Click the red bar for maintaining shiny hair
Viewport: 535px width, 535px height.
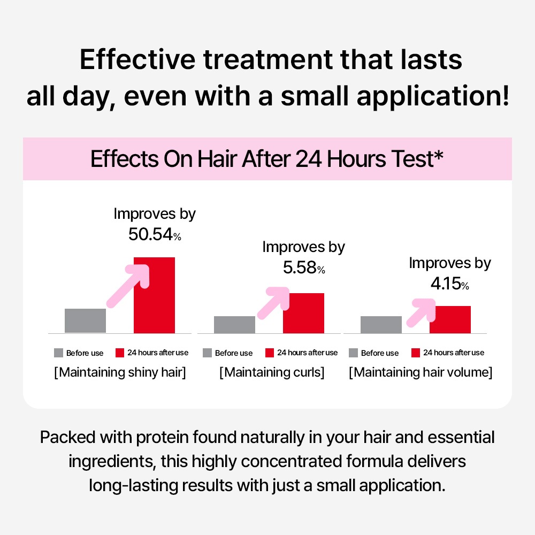[154, 295]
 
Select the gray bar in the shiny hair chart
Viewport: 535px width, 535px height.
[85, 320]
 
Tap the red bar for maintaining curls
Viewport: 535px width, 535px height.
[303, 313]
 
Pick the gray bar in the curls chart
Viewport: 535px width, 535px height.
[234, 325]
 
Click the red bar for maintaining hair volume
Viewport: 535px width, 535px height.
[450, 320]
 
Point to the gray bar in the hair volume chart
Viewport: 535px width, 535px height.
[381, 325]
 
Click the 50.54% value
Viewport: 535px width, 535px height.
[155, 234]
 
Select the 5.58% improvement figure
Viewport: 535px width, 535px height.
[304, 267]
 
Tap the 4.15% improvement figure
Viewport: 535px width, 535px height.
[450, 284]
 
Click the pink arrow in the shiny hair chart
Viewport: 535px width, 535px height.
[128, 286]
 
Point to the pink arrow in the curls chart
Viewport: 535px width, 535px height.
[273, 303]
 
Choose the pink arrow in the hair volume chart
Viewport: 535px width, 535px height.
[421, 313]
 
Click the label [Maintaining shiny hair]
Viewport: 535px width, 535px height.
[120, 372]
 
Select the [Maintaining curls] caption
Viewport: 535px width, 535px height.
[272, 372]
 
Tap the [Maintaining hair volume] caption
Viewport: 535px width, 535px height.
[421, 372]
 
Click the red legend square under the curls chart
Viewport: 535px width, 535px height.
[270, 353]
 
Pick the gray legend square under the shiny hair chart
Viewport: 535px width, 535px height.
[58, 353]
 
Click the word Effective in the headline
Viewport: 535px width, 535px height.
[137, 60]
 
